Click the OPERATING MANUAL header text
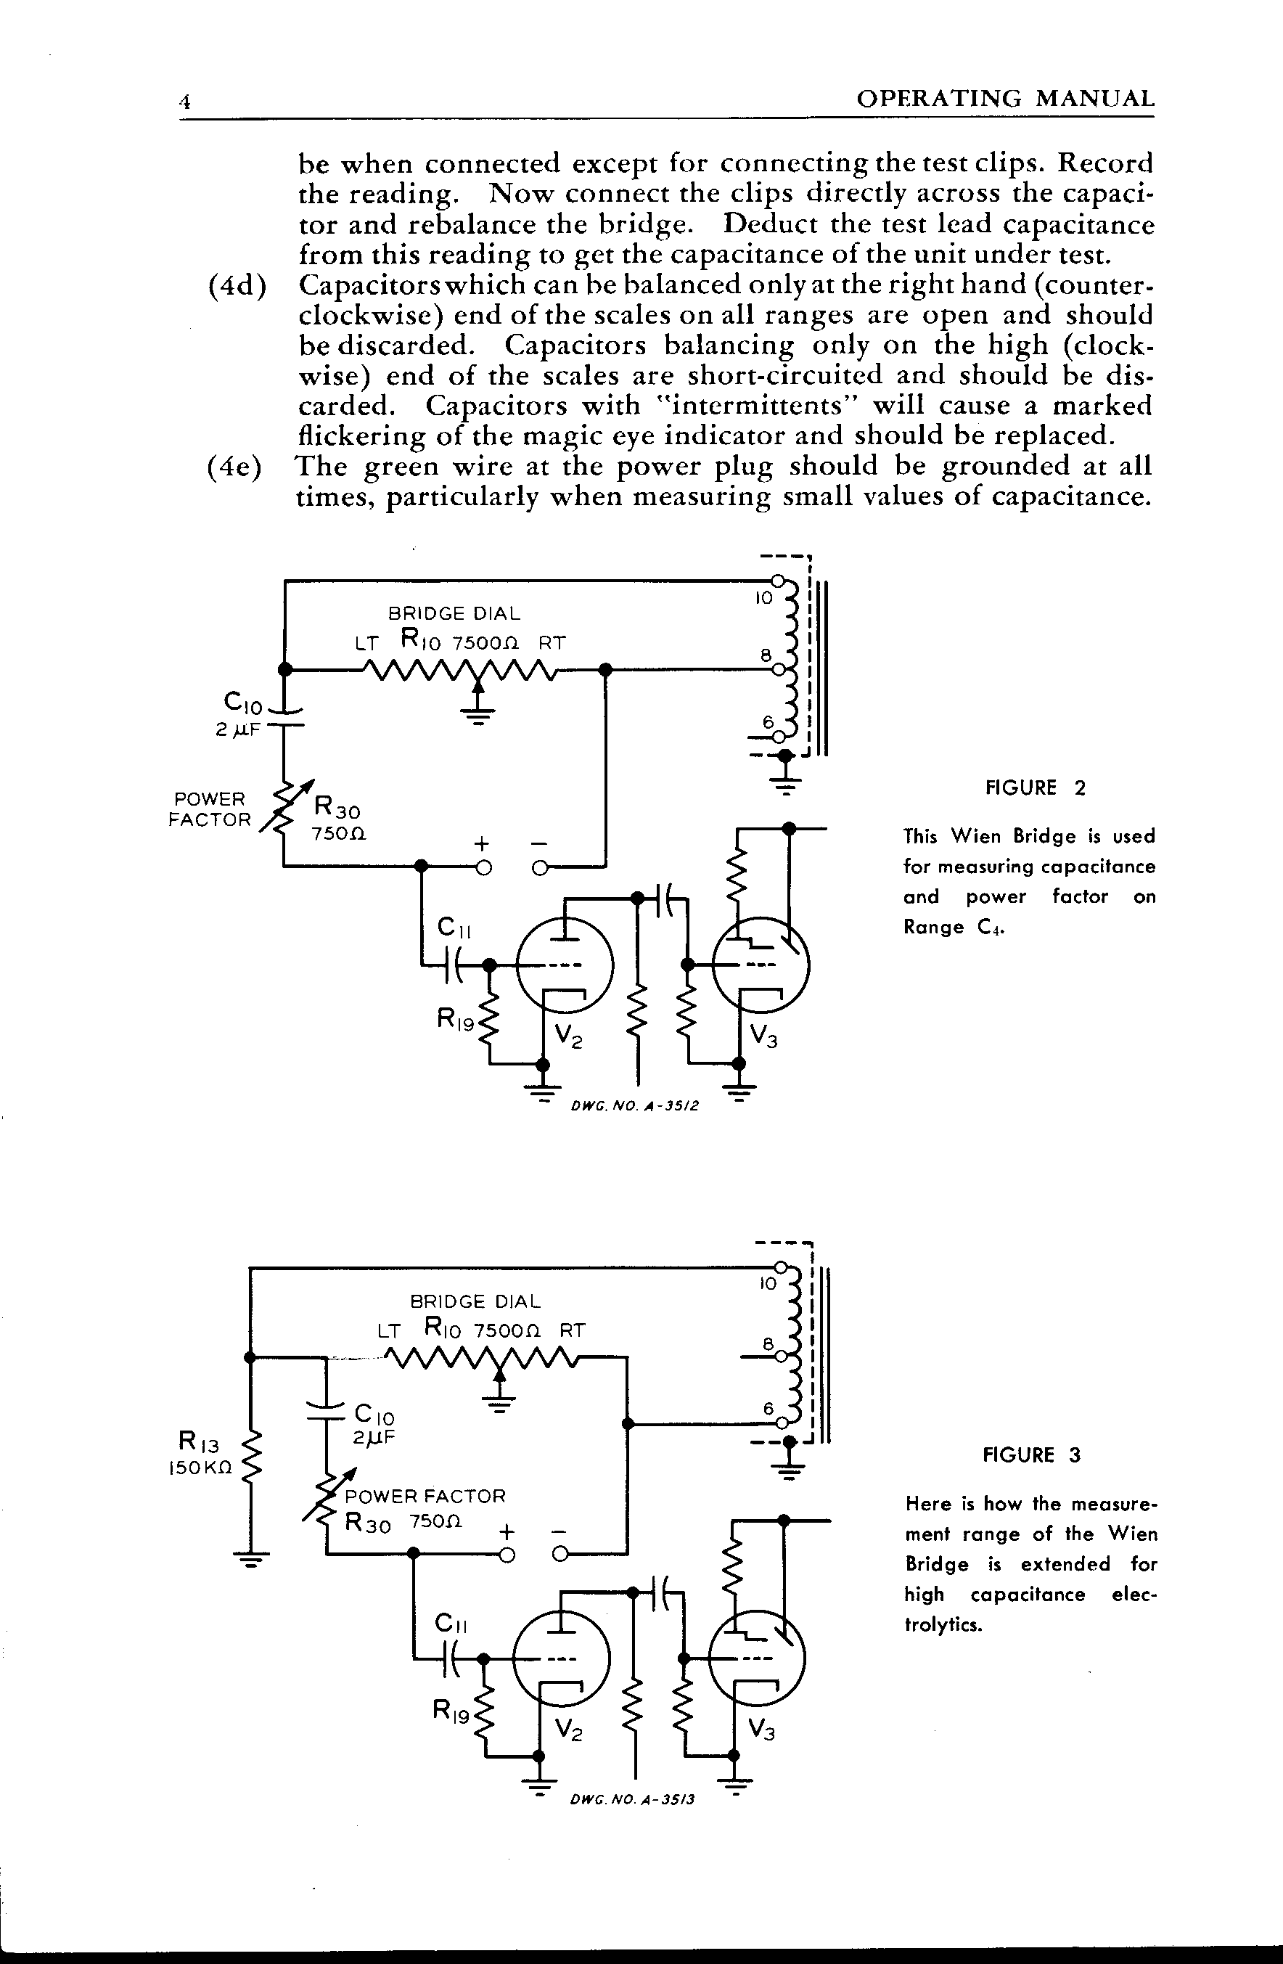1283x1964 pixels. pos(1005,99)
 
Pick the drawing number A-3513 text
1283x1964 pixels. pos(632,1799)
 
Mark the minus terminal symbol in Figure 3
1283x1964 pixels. pos(559,1532)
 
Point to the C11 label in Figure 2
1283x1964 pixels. pos(454,928)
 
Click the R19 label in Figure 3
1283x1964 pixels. pos(451,1712)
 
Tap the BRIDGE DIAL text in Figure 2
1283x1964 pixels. pos(454,613)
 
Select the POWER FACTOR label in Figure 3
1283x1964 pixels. pos(425,1497)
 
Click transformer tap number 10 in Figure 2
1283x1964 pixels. pos(764,597)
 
